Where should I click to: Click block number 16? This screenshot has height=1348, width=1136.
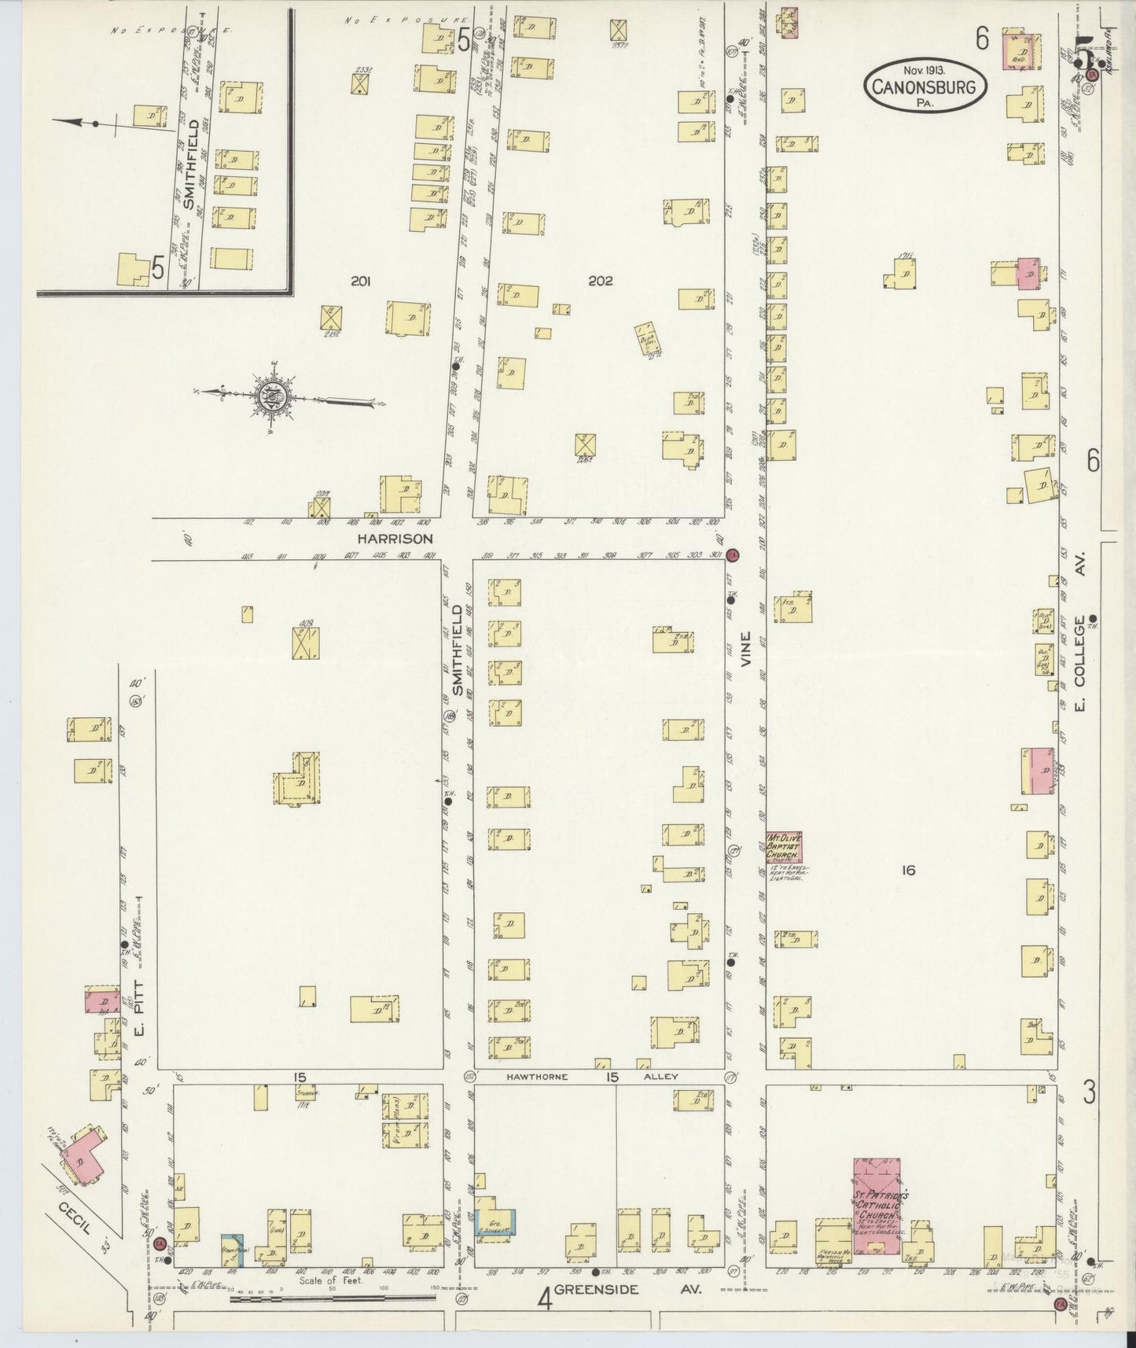point(909,870)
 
